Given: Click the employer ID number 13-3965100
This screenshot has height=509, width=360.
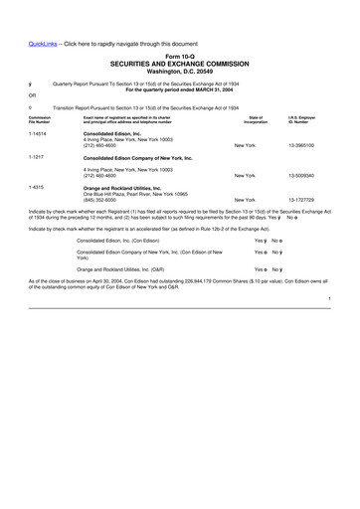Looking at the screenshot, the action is [301, 145].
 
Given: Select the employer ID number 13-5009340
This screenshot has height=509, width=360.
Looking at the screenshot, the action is [301, 175].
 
